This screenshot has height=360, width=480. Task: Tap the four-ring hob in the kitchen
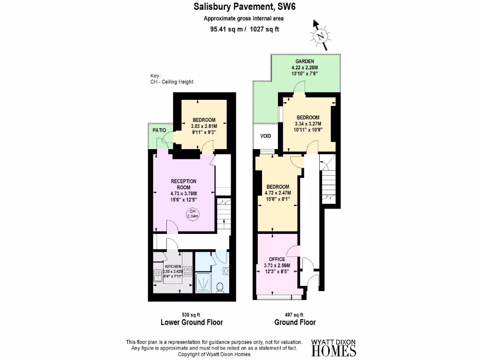tap(188, 271)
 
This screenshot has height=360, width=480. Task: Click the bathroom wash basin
tap(226, 271)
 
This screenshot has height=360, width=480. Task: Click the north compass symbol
tap(321, 35)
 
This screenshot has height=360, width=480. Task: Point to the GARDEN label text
tap(304, 61)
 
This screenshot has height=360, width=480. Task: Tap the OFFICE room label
tap(277, 259)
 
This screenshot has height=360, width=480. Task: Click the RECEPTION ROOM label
tap(183, 184)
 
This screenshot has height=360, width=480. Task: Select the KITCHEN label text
tap(173, 266)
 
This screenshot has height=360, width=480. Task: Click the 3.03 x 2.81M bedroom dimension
tap(204, 126)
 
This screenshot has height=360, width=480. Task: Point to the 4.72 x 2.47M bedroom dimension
tap(278, 193)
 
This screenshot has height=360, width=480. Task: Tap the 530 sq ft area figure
tap(191, 315)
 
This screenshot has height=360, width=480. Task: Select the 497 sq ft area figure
tap(295, 315)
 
